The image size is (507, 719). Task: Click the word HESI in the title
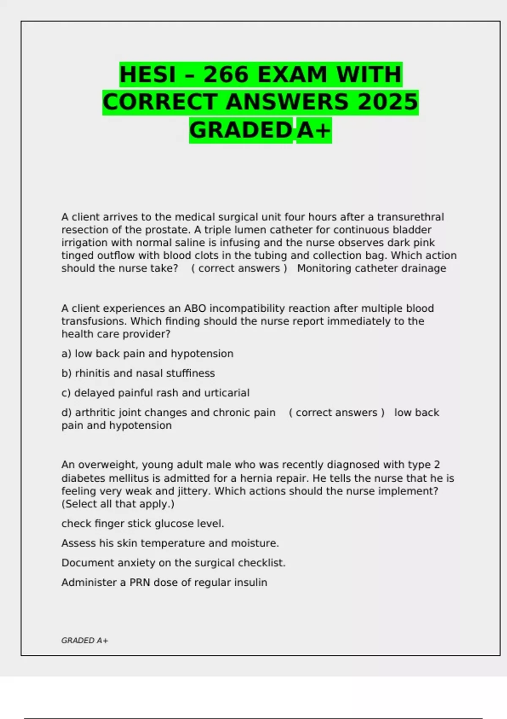[x=147, y=74]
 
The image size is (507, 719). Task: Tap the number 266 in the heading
[x=226, y=74]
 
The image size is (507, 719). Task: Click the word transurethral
[x=410, y=217]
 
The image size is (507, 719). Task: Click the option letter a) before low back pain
[x=66, y=354]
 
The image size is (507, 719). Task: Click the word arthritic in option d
[x=95, y=412]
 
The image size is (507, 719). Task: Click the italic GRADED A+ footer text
[x=84, y=640]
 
